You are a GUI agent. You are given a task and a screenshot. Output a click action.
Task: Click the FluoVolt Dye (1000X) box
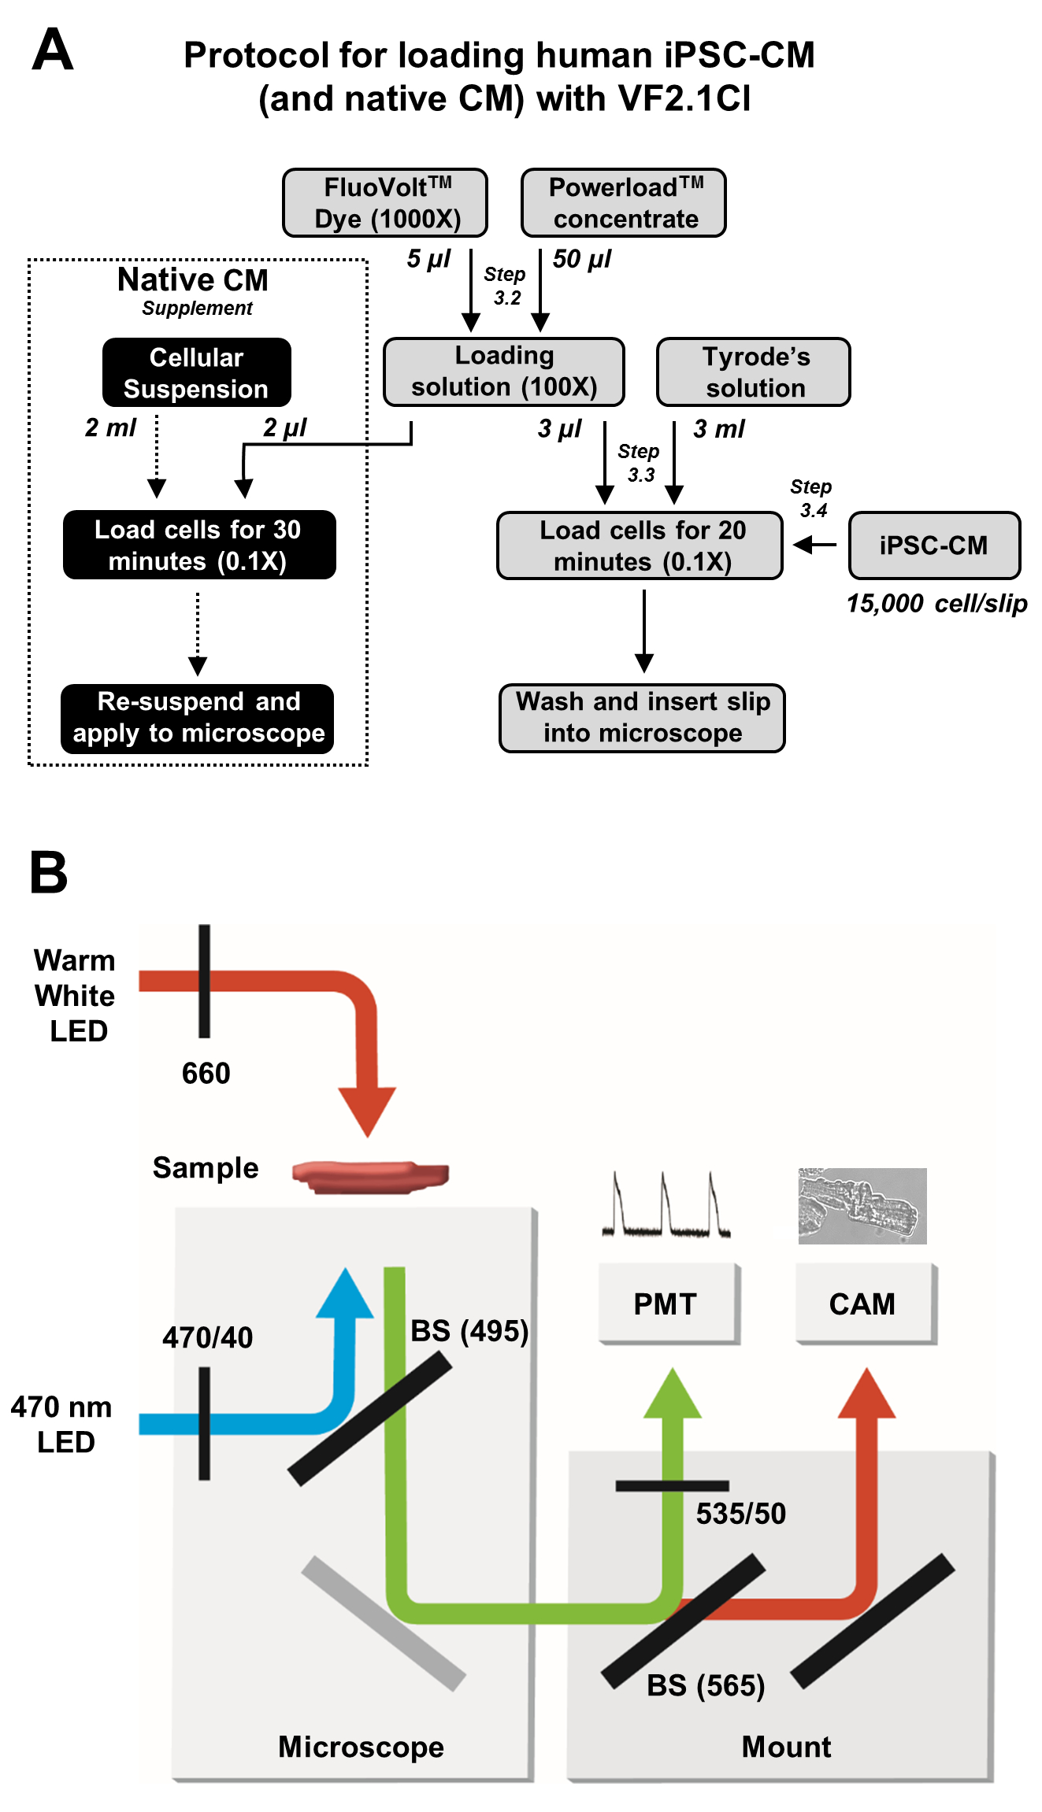click(385, 203)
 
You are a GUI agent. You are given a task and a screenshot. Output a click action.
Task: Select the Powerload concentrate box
click(623, 203)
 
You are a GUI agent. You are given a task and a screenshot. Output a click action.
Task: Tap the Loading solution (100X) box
click(504, 372)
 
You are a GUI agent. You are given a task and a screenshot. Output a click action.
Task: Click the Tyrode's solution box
click(754, 372)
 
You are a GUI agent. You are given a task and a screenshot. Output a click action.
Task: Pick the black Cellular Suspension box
click(197, 372)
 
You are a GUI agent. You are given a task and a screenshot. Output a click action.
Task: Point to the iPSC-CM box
click(934, 545)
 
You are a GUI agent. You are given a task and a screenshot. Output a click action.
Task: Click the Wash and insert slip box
click(643, 718)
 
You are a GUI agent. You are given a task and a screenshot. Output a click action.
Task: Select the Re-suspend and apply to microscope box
click(198, 718)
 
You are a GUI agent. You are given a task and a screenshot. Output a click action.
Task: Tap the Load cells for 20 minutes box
click(640, 545)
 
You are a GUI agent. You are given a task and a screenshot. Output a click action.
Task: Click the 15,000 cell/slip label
click(936, 604)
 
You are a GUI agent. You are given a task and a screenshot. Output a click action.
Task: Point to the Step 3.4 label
click(812, 498)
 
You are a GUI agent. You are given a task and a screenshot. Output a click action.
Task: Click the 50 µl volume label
click(582, 259)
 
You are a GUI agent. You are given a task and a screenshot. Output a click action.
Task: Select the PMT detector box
click(668, 1304)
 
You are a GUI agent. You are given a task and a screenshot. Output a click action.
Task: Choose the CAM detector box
click(864, 1304)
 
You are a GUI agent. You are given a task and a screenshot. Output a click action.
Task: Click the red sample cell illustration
click(370, 1176)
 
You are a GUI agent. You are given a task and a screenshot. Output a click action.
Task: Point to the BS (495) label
click(469, 1331)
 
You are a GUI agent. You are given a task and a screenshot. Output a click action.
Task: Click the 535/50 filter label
click(741, 1513)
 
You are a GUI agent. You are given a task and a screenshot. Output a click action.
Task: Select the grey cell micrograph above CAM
click(862, 1206)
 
